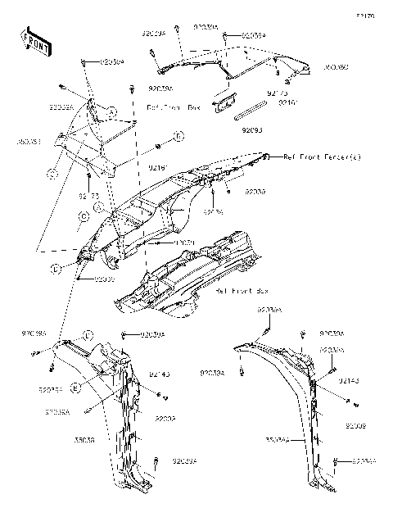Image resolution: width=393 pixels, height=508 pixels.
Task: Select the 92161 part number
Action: point(287,103)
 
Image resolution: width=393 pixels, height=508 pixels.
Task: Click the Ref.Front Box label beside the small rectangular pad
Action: point(173,107)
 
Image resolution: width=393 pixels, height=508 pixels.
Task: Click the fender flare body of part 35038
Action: point(123,426)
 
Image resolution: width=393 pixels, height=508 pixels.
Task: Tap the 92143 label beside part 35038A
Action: point(350,382)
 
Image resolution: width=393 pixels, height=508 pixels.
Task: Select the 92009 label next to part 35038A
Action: point(355,426)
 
